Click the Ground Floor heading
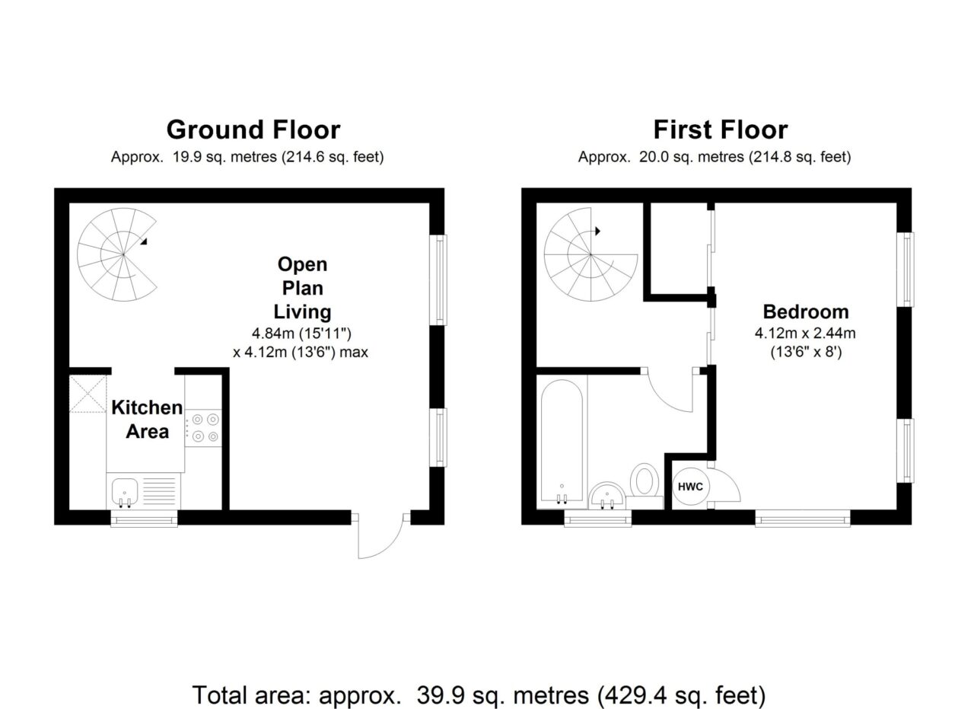(x=253, y=129)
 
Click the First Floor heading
(x=721, y=129)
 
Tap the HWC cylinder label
(x=690, y=487)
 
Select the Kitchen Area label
(x=147, y=420)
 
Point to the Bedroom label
(x=806, y=311)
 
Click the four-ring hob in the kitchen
(x=203, y=427)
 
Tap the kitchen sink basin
(x=125, y=491)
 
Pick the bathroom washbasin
(x=607, y=495)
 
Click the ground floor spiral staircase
(x=117, y=254)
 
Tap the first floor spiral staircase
(x=590, y=254)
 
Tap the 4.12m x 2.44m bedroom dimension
(x=805, y=334)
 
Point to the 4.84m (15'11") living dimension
(x=302, y=334)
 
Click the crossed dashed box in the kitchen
(x=88, y=394)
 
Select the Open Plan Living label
(x=302, y=288)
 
